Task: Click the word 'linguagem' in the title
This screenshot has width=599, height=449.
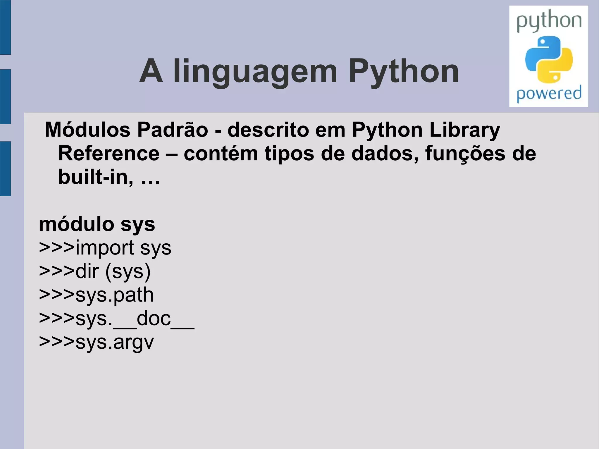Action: click(255, 71)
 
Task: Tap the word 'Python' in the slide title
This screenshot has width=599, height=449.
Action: click(403, 71)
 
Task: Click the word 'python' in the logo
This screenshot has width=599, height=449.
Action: click(549, 21)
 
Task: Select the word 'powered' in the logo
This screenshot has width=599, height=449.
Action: click(549, 94)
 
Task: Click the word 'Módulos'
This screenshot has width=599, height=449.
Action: click(87, 130)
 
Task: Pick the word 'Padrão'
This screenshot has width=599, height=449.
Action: click(173, 130)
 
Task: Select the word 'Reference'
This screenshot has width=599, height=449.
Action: click(109, 153)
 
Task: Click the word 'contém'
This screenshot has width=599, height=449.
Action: click(221, 153)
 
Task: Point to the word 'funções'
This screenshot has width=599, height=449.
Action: click(465, 153)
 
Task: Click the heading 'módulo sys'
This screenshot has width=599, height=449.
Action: click(97, 224)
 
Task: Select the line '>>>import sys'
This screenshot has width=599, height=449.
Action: click(105, 248)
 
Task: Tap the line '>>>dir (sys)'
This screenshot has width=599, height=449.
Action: click(94, 271)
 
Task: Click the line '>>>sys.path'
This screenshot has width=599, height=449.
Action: click(96, 295)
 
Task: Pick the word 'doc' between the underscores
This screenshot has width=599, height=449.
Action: click(154, 318)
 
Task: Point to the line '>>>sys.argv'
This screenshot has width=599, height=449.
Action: click(96, 342)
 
